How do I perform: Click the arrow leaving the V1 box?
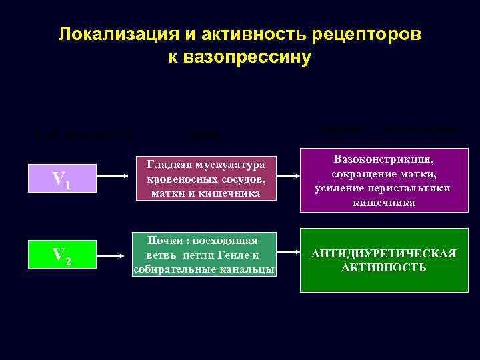114,178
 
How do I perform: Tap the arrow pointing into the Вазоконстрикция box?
289,178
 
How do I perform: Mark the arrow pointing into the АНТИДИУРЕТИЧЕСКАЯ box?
289,253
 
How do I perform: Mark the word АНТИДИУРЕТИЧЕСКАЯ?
385,253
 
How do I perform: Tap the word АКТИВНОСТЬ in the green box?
383,267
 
